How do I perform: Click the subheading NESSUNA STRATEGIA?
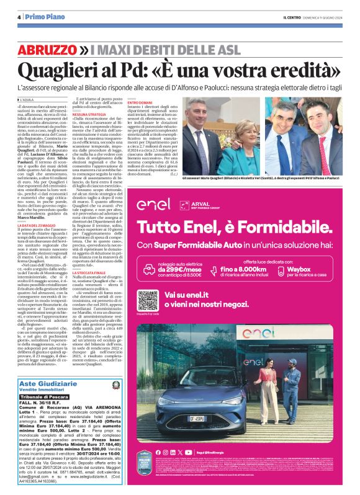[89, 114]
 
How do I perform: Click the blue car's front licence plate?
[195, 435]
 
